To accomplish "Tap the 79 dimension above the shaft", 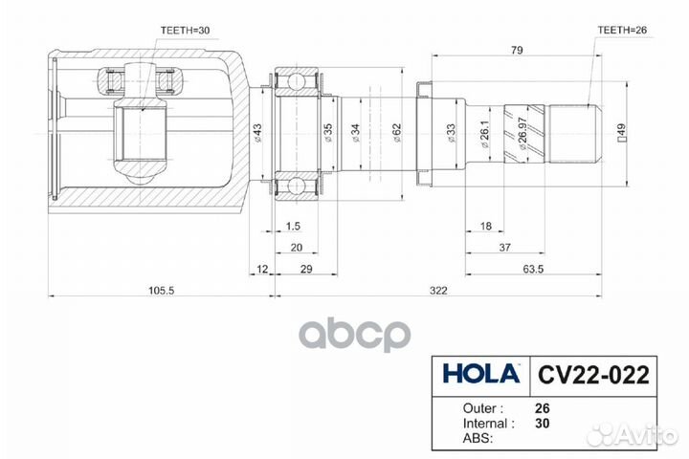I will click(x=517, y=50).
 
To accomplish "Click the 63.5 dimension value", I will click(x=534, y=269).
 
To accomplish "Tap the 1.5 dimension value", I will click(x=294, y=226).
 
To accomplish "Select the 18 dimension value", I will click(x=485, y=226).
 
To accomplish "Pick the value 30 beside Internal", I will click(x=544, y=422).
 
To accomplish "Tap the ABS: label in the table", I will click(x=462, y=438).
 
